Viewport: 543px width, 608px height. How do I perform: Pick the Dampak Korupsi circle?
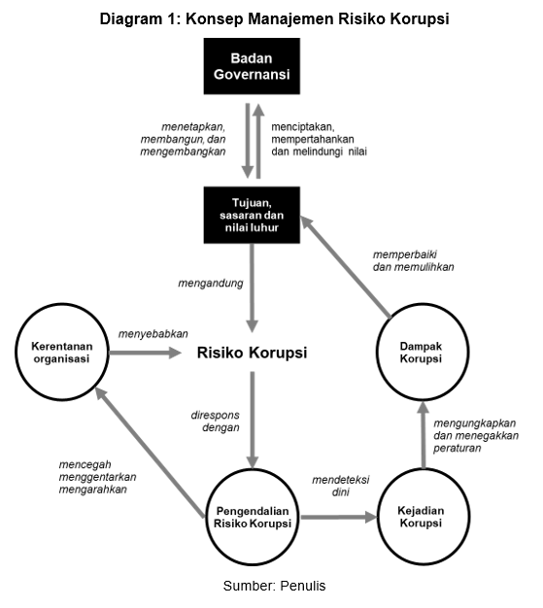pyautogui.click(x=421, y=351)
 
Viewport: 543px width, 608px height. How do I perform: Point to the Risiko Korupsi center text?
pyautogui.click(x=252, y=354)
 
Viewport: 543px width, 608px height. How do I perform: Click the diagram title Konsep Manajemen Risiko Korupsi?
pyautogui.click(x=273, y=18)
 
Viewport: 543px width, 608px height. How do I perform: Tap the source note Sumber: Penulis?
pyautogui.click(x=273, y=586)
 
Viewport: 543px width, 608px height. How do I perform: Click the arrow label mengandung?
pyautogui.click(x=210, y=286)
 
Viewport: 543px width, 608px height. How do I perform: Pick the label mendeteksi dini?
pyautogui.click(x=339, y=486)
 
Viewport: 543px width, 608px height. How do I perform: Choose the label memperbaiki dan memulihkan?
pyautogui.click(x=413, y=260)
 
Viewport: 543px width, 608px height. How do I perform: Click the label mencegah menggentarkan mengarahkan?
pyautogui.click(x=93, y=476)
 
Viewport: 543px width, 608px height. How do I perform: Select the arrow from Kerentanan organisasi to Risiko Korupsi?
pyautogui.click(x=148, y=354)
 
